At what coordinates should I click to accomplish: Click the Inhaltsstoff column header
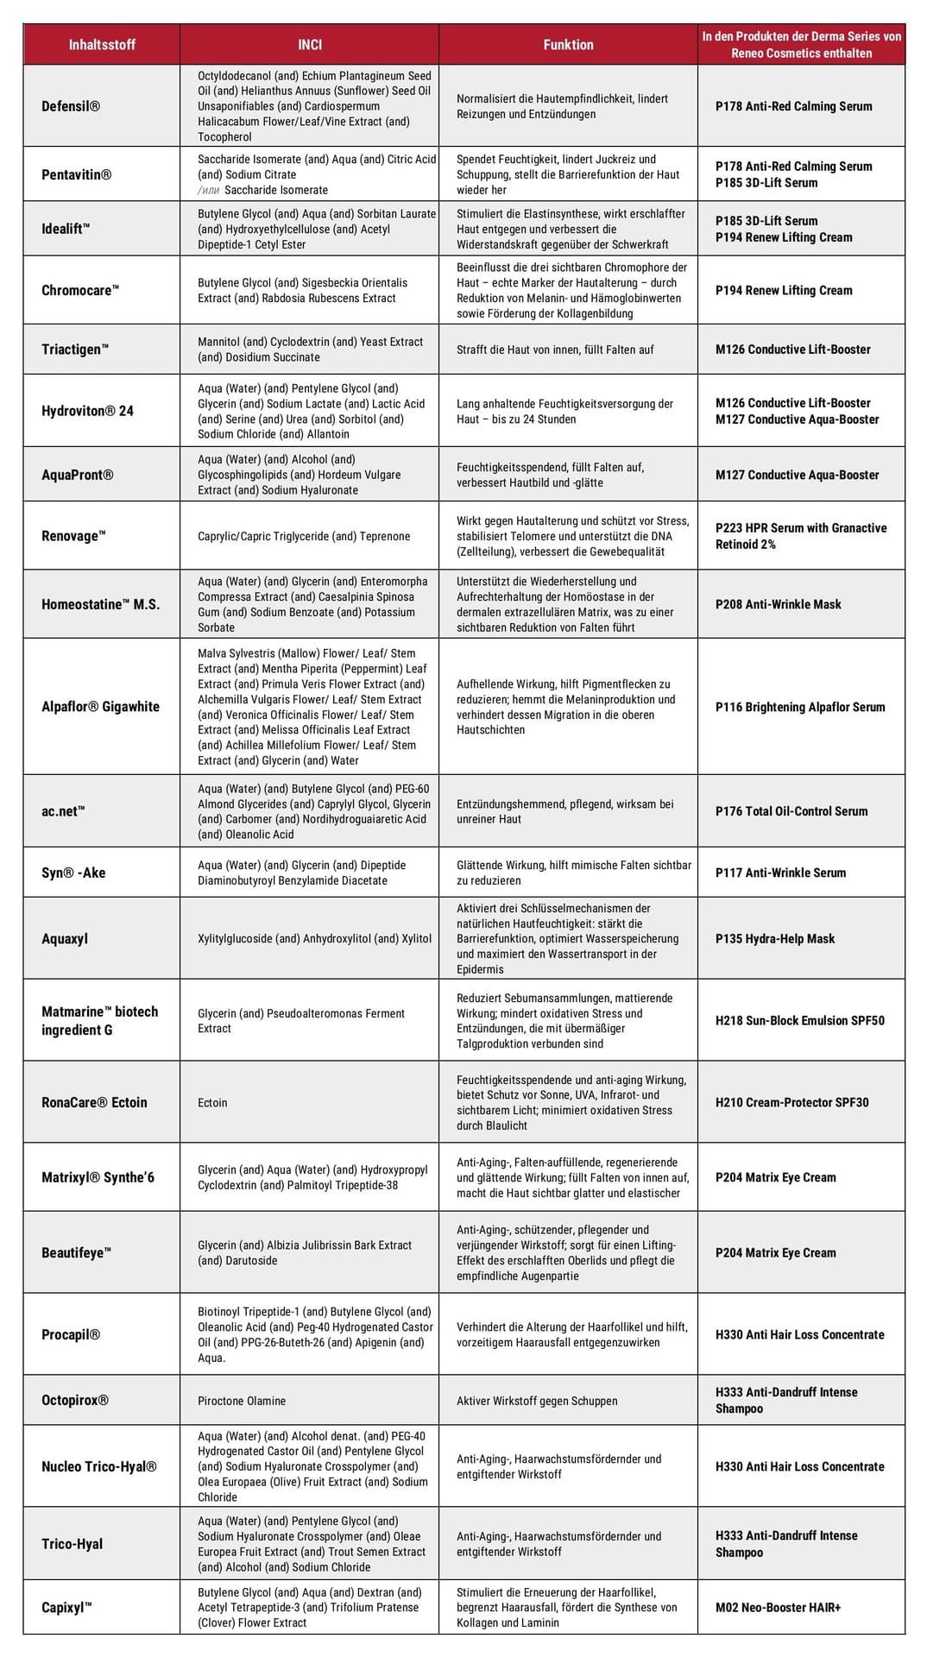[102, 45]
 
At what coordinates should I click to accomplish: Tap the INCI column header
[309, 45]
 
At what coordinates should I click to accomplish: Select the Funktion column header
[568, 45]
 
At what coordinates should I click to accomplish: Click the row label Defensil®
[71, 106]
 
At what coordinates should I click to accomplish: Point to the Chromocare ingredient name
[80, 290]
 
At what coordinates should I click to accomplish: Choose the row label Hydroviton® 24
[87, 411]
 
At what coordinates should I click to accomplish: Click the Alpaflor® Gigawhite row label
[100, 707]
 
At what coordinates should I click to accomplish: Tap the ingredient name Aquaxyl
[65, 939]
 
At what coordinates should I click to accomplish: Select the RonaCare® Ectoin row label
[94, 1103]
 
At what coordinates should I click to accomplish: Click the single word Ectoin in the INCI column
[212, 1103]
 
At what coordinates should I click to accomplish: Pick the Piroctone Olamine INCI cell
[242, 1401]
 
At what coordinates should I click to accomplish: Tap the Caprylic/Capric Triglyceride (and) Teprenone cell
[304, 537]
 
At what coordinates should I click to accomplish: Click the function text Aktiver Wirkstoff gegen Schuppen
[537, 1401]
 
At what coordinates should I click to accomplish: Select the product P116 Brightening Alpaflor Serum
[800, 707]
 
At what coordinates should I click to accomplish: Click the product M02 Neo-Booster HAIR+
[778, 1608]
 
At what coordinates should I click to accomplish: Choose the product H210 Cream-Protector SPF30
[791, 1103]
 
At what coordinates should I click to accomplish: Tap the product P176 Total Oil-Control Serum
[791, 811]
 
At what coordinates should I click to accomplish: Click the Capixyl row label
[66, 1608]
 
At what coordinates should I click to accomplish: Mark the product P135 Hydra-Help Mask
[775, 939]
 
